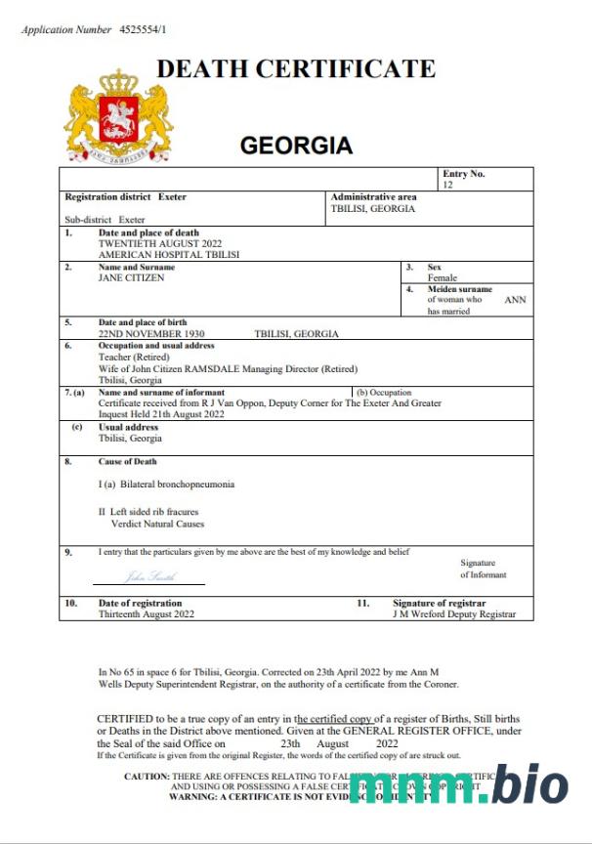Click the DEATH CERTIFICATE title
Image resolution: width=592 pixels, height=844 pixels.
click(296, 69)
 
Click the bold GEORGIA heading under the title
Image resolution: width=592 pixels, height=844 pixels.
click(296, 146)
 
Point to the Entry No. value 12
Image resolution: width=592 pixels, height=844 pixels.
click(448, 185)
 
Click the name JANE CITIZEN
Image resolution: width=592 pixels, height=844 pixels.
click(132, 277)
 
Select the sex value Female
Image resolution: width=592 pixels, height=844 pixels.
click(443, 278)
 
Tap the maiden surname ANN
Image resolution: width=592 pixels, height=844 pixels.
click(515, 300)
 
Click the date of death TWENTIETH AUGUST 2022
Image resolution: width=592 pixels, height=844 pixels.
click(160, 243)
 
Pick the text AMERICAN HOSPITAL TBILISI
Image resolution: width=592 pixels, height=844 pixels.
click(169, 254)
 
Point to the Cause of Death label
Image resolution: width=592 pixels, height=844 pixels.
click(127, 461)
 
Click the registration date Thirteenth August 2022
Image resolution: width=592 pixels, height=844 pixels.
click(147, 614)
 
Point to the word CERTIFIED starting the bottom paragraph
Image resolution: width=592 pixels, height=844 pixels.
click(125, 718)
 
